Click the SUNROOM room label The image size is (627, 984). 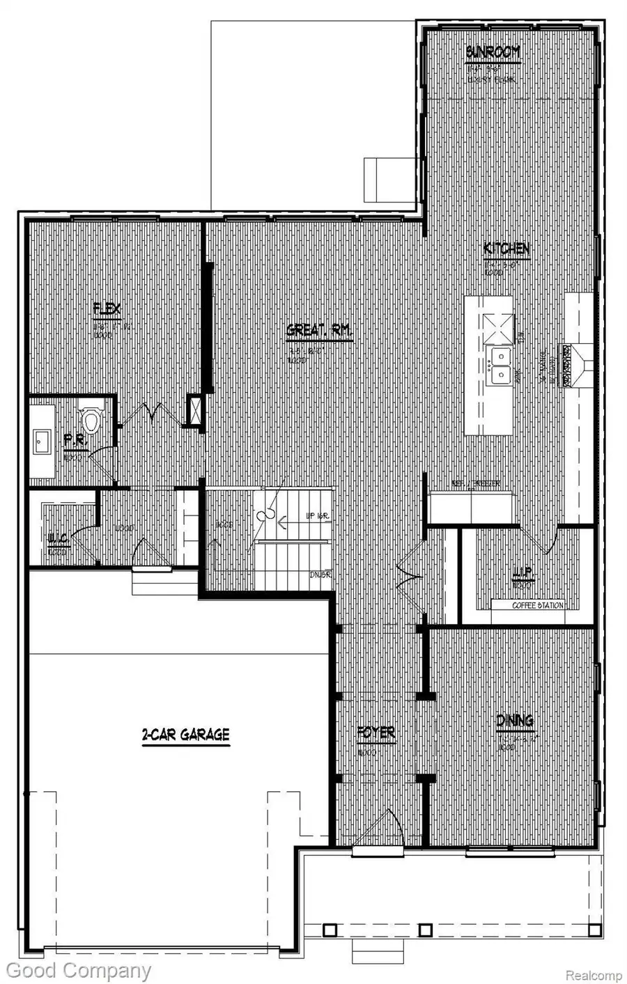click(493, 53)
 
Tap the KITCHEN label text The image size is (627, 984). click(507, 249)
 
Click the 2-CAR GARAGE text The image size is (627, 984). click(185, 734)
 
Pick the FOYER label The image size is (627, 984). click(376, 733)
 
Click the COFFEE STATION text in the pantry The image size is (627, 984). click(537, 605)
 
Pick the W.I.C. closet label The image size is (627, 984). click(57, 538)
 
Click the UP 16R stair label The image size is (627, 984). click(317, 516)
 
